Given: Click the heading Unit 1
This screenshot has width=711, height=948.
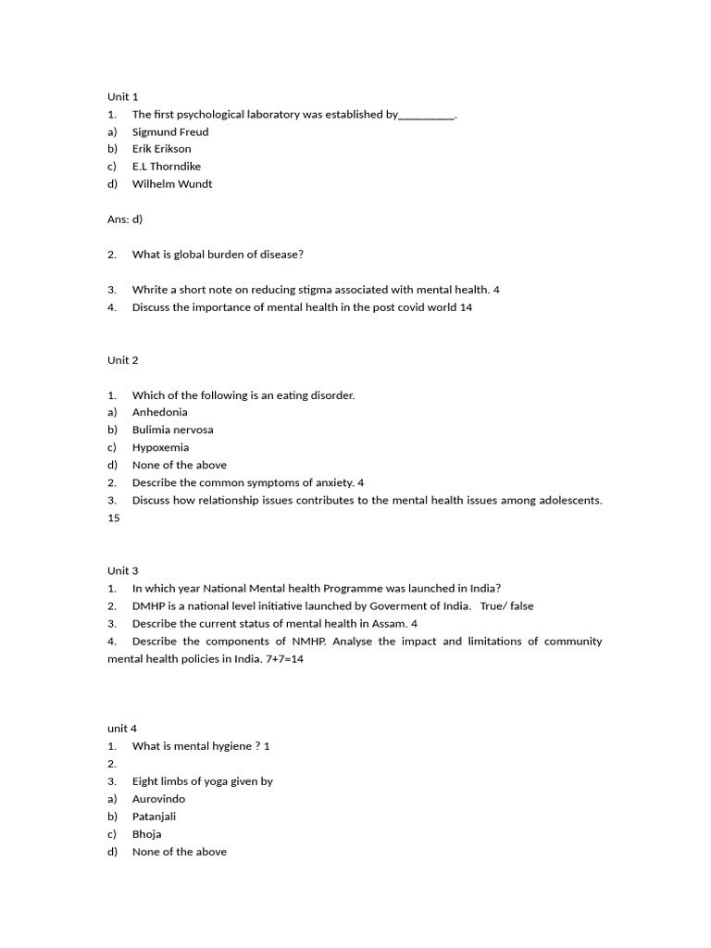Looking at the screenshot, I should tap(122, 96).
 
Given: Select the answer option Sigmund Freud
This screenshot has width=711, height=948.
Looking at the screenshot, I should tap(170, 131).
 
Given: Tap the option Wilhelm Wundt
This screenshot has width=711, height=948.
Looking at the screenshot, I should tap(172, 183).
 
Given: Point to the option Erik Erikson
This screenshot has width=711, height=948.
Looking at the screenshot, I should tap(162, 149).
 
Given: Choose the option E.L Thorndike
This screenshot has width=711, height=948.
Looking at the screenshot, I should tap(167, 167).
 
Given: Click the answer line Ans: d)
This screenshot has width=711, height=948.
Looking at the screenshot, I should tap(125, 219).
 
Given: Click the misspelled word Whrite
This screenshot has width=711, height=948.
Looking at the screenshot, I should tap(149, 290).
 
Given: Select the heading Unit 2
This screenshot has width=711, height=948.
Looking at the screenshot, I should tap(122, 360).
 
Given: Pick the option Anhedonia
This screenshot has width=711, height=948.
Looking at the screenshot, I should tap(160, 412).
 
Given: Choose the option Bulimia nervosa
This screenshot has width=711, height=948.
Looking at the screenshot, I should tap(173, 430).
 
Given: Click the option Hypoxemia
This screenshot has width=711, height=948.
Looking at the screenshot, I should tap(160, 447).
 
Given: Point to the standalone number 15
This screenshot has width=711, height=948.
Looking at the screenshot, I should tap(114, 518).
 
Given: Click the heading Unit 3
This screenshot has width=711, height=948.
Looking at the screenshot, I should tap(122, 570).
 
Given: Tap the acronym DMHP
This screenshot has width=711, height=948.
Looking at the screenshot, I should tap(148, 605).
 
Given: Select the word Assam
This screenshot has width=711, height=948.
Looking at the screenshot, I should tap(388, 623).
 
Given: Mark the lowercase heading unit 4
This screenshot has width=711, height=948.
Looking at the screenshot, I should tap(122, 729).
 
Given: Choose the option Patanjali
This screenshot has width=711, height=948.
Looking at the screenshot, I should tap(154, 817).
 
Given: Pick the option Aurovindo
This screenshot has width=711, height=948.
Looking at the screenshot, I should tap(159, 799).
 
